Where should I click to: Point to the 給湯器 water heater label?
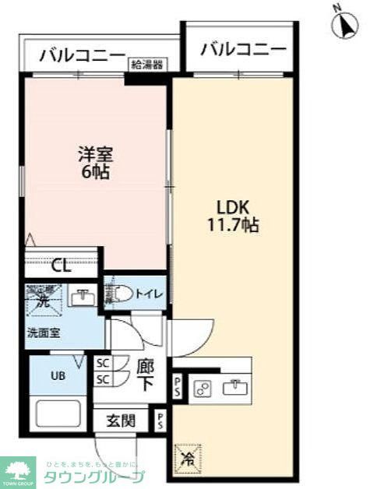[146, 65]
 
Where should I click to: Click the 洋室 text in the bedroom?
[95, 154]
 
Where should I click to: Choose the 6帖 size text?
[95, 172]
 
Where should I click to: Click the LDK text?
[232, 209]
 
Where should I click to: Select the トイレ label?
[150, 294]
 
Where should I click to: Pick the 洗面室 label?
[45, 332]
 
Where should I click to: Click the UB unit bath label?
[59, 376]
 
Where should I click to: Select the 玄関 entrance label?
[122, 421]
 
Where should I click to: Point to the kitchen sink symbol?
[234, 387]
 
